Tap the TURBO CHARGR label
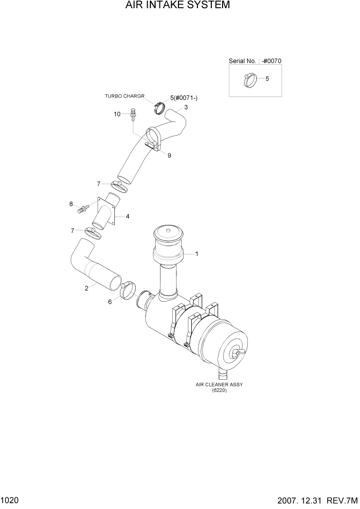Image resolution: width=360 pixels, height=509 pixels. click(x=125, y=96)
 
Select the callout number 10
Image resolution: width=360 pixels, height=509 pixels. click(x=117, y=114)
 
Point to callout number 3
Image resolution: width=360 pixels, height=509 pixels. click(x=186, y=107)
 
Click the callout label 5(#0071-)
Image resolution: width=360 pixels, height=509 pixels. click(x=184, y=97)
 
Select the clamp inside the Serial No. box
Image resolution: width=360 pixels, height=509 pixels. click(x=250, y=80)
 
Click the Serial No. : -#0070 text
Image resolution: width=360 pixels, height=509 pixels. click(x=255, y=61)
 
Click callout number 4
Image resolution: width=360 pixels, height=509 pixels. click(x=127, y=216)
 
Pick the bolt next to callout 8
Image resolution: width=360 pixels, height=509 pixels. click(x=83, y=208)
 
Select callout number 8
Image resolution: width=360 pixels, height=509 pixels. click(x=71, y=204)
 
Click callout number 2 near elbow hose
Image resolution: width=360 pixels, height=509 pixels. click(x=86, y=288)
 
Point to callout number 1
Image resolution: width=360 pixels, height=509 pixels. click(x=196, y=253)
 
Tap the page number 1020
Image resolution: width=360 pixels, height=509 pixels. click(x=10, y=499)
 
